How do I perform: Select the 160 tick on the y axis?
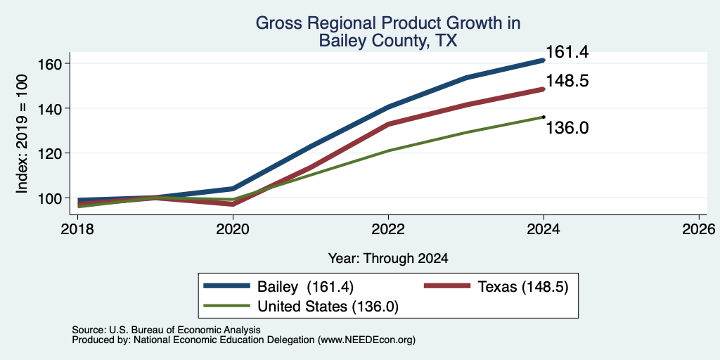coord(49,63)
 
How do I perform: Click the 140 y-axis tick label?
coord(49,108)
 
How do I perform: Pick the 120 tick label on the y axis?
coord(49,153)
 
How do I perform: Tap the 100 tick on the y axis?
coord(49,198)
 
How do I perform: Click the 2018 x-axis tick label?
coord(77,229)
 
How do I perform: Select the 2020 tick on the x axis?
coord(233,229)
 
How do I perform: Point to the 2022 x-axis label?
coord(388,229)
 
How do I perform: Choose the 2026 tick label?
coord(699,229)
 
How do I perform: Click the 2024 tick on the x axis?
coord(544,229)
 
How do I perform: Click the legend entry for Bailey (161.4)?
coord(278,287)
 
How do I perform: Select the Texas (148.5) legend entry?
coord(496,287)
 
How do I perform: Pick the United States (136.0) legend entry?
coord(301,307)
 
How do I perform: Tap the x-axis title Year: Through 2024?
coord(388,259)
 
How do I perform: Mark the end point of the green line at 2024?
coord(544,117)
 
